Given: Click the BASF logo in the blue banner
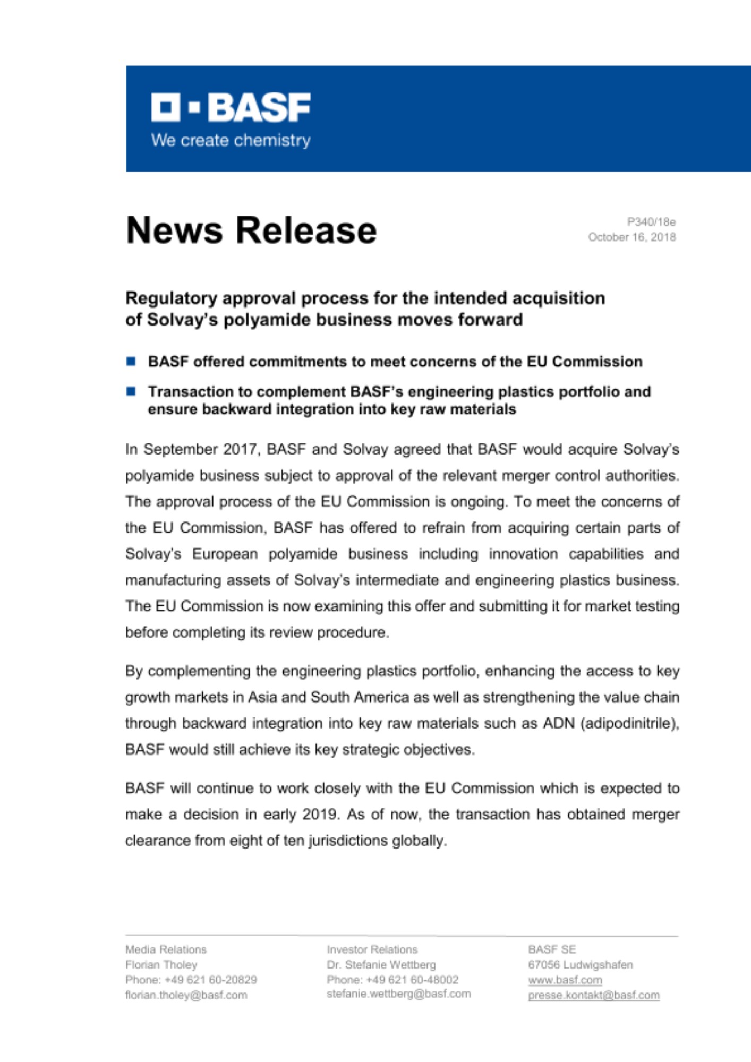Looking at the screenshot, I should tap(231, 107).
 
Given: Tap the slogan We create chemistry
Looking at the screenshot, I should tap(231, 140).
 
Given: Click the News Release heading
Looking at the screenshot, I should tap(251, 230).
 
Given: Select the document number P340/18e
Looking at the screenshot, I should tap(651, 222).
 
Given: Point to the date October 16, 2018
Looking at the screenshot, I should tap(631, 237).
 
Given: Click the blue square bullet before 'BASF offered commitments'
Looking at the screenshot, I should tap(131, 362).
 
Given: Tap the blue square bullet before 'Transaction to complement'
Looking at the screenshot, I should tap(131, 391).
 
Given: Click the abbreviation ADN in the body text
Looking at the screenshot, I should tap(558, 723).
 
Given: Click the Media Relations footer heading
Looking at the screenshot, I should tap(166, 949).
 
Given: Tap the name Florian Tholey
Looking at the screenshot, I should tap(161, 965).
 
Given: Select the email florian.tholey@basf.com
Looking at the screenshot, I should tap(186, 995).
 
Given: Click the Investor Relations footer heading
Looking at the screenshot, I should tap(372, 949).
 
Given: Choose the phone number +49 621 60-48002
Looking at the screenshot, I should tap(412, 980).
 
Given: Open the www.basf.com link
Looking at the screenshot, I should tap(565, 980).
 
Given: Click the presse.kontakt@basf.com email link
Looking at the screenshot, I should tap(593, 995).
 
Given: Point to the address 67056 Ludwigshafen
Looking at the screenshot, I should tap(580, 965).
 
